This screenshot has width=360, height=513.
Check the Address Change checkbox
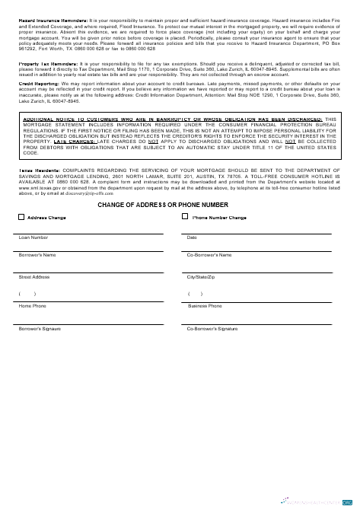21,217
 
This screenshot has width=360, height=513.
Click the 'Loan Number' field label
33,237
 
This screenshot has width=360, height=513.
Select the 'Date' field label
192,237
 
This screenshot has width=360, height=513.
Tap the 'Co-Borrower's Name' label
209,254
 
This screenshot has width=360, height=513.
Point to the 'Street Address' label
34,276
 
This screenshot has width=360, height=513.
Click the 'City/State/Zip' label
201,276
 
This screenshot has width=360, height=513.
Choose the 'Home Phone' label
32,305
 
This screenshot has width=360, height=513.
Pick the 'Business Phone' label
205,305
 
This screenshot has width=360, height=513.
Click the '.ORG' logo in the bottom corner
347,503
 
